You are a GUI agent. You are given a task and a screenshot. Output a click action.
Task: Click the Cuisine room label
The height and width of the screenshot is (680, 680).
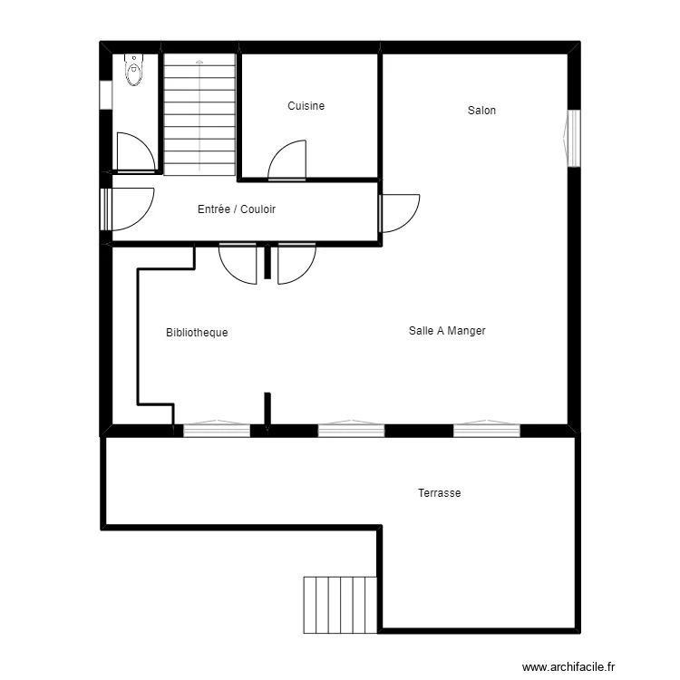click(306, 106)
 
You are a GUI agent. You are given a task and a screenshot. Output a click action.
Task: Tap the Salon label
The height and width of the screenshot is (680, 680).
click(481, 111)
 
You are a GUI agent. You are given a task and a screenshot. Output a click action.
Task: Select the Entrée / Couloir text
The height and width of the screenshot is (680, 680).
click(237, 209)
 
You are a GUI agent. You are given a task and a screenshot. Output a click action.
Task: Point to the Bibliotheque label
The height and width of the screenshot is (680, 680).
click(197, 333)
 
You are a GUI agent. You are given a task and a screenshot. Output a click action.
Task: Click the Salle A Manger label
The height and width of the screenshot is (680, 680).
click(447, 331)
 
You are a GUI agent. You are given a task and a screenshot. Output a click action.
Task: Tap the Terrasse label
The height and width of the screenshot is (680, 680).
click(440, 493)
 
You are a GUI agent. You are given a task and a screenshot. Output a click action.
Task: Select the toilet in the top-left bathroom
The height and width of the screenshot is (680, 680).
click(135, 69)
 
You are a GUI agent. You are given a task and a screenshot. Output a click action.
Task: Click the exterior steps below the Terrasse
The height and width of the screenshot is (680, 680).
click(340, 604)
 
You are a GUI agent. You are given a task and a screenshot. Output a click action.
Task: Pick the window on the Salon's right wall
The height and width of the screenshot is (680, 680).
click(572, 138)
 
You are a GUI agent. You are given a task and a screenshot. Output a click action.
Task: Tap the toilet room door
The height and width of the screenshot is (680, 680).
click(134, 153)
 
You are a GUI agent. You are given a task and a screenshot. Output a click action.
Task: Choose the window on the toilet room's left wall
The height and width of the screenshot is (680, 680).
click(105, 95)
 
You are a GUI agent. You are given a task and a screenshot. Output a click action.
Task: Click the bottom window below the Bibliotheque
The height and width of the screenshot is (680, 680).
click(217, 429)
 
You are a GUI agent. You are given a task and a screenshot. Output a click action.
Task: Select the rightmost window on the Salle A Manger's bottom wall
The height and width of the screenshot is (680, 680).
click(487, 429)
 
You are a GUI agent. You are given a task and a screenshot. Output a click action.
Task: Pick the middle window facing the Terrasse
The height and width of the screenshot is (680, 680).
click(351, 429)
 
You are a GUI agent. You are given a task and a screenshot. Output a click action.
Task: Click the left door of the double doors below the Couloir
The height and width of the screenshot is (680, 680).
click(238, 263)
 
